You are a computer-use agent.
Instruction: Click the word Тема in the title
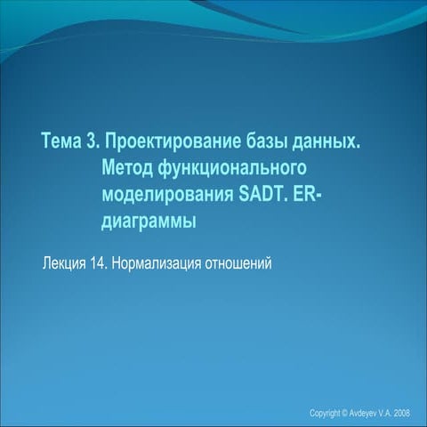click(x=64, y=142)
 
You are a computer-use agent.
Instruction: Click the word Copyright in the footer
click(x=324, y=414)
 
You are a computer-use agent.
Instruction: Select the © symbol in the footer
click(x=343, y=414)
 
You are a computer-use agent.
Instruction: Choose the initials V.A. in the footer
click(x=383, y=414)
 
